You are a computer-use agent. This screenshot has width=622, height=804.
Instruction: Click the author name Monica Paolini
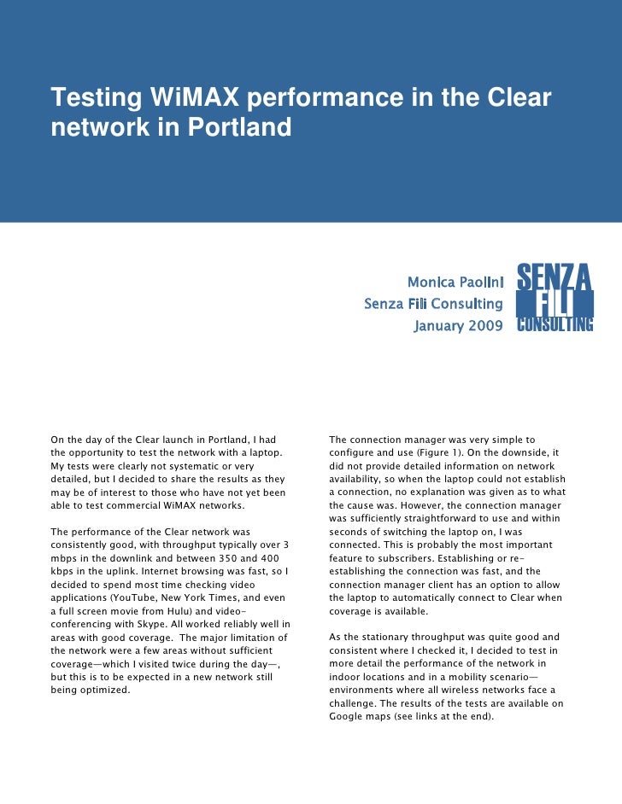pyautogui.click(x=455, y=282)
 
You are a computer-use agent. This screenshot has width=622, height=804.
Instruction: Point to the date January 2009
pyautogui.click(x=459, y=326)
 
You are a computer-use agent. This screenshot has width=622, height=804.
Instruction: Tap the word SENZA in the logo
pyautogui.click(x=555, y=277)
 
